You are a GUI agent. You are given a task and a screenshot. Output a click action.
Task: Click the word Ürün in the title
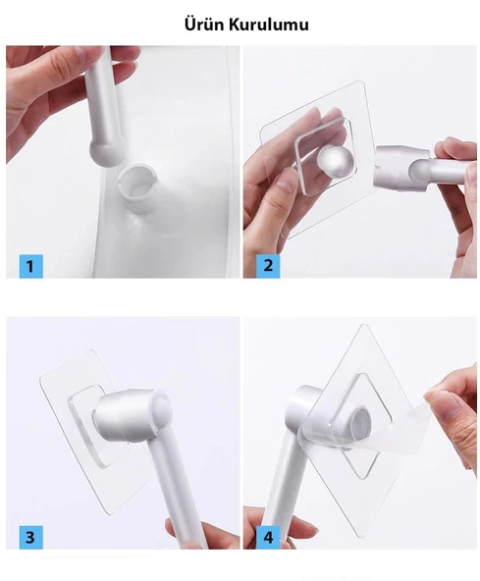204,25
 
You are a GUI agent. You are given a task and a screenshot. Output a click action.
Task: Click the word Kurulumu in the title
268,25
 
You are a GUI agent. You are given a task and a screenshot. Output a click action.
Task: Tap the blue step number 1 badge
31,266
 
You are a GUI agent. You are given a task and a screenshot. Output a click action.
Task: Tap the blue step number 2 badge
268,266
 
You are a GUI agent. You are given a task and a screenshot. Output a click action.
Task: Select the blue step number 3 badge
31,537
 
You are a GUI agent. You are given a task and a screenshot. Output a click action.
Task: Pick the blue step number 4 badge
268,537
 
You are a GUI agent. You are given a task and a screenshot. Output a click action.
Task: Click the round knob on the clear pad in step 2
336,161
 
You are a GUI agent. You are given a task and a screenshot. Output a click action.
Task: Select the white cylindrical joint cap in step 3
131,412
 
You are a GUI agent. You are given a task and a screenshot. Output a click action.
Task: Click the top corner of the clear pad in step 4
365,325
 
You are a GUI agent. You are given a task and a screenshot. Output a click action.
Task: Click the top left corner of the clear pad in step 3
41,378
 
